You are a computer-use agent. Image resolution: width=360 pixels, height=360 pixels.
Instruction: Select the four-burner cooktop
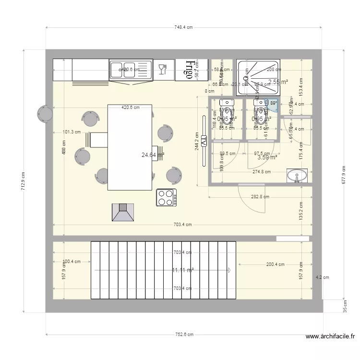(166, 197)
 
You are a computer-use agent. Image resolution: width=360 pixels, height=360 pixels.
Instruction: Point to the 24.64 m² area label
(153, 155)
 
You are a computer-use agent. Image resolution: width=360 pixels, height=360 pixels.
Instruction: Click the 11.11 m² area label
(183, 270)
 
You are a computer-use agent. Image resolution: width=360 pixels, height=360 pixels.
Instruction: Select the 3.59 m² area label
(267, 157)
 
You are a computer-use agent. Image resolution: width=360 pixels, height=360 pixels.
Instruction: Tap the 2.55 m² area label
(278, 82)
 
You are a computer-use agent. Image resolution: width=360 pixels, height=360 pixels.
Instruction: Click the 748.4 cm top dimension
(183, 27)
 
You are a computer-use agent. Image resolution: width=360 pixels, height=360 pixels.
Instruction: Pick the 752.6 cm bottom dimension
(184, 335)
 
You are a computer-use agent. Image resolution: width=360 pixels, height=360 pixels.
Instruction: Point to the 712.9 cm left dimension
(23, 181)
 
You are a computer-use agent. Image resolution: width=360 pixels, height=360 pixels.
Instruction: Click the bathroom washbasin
(297, 176)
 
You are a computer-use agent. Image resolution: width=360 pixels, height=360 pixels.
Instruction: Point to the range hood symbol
(123, 213)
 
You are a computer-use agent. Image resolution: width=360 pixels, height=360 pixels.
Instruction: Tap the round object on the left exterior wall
(45, 114)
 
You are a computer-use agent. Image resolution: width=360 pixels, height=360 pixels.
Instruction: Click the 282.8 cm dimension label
(260, 197)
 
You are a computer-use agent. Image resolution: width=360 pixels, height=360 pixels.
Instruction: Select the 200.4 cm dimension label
(276, 264)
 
